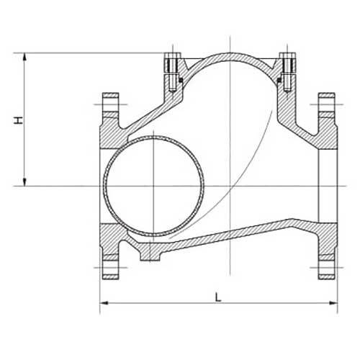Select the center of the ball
coord(153,186)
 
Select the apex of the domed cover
coord(228,54)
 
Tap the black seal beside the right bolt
coord(278,78)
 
